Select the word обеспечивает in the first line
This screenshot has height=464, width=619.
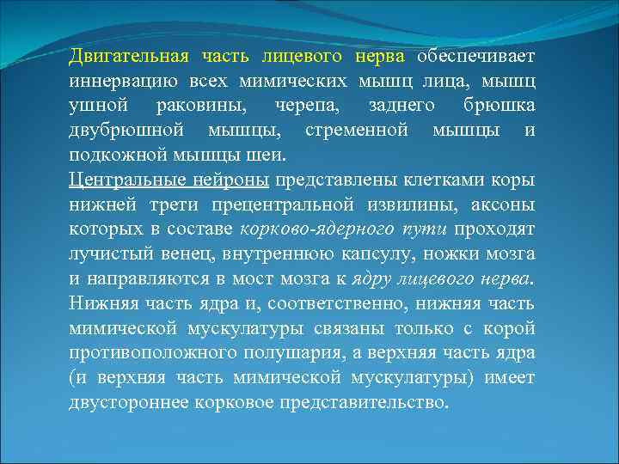coord(475,56)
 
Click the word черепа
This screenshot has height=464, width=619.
coord(306,106)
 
